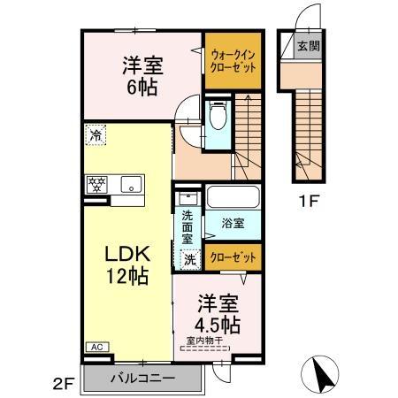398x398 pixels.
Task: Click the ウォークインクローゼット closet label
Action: coord(233,60)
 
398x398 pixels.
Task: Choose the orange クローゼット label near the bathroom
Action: coord(234,258)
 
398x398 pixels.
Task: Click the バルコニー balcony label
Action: coord(142,379)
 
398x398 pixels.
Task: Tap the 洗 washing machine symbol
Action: coord(189,259)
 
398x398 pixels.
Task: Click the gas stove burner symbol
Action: coord(96,186)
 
